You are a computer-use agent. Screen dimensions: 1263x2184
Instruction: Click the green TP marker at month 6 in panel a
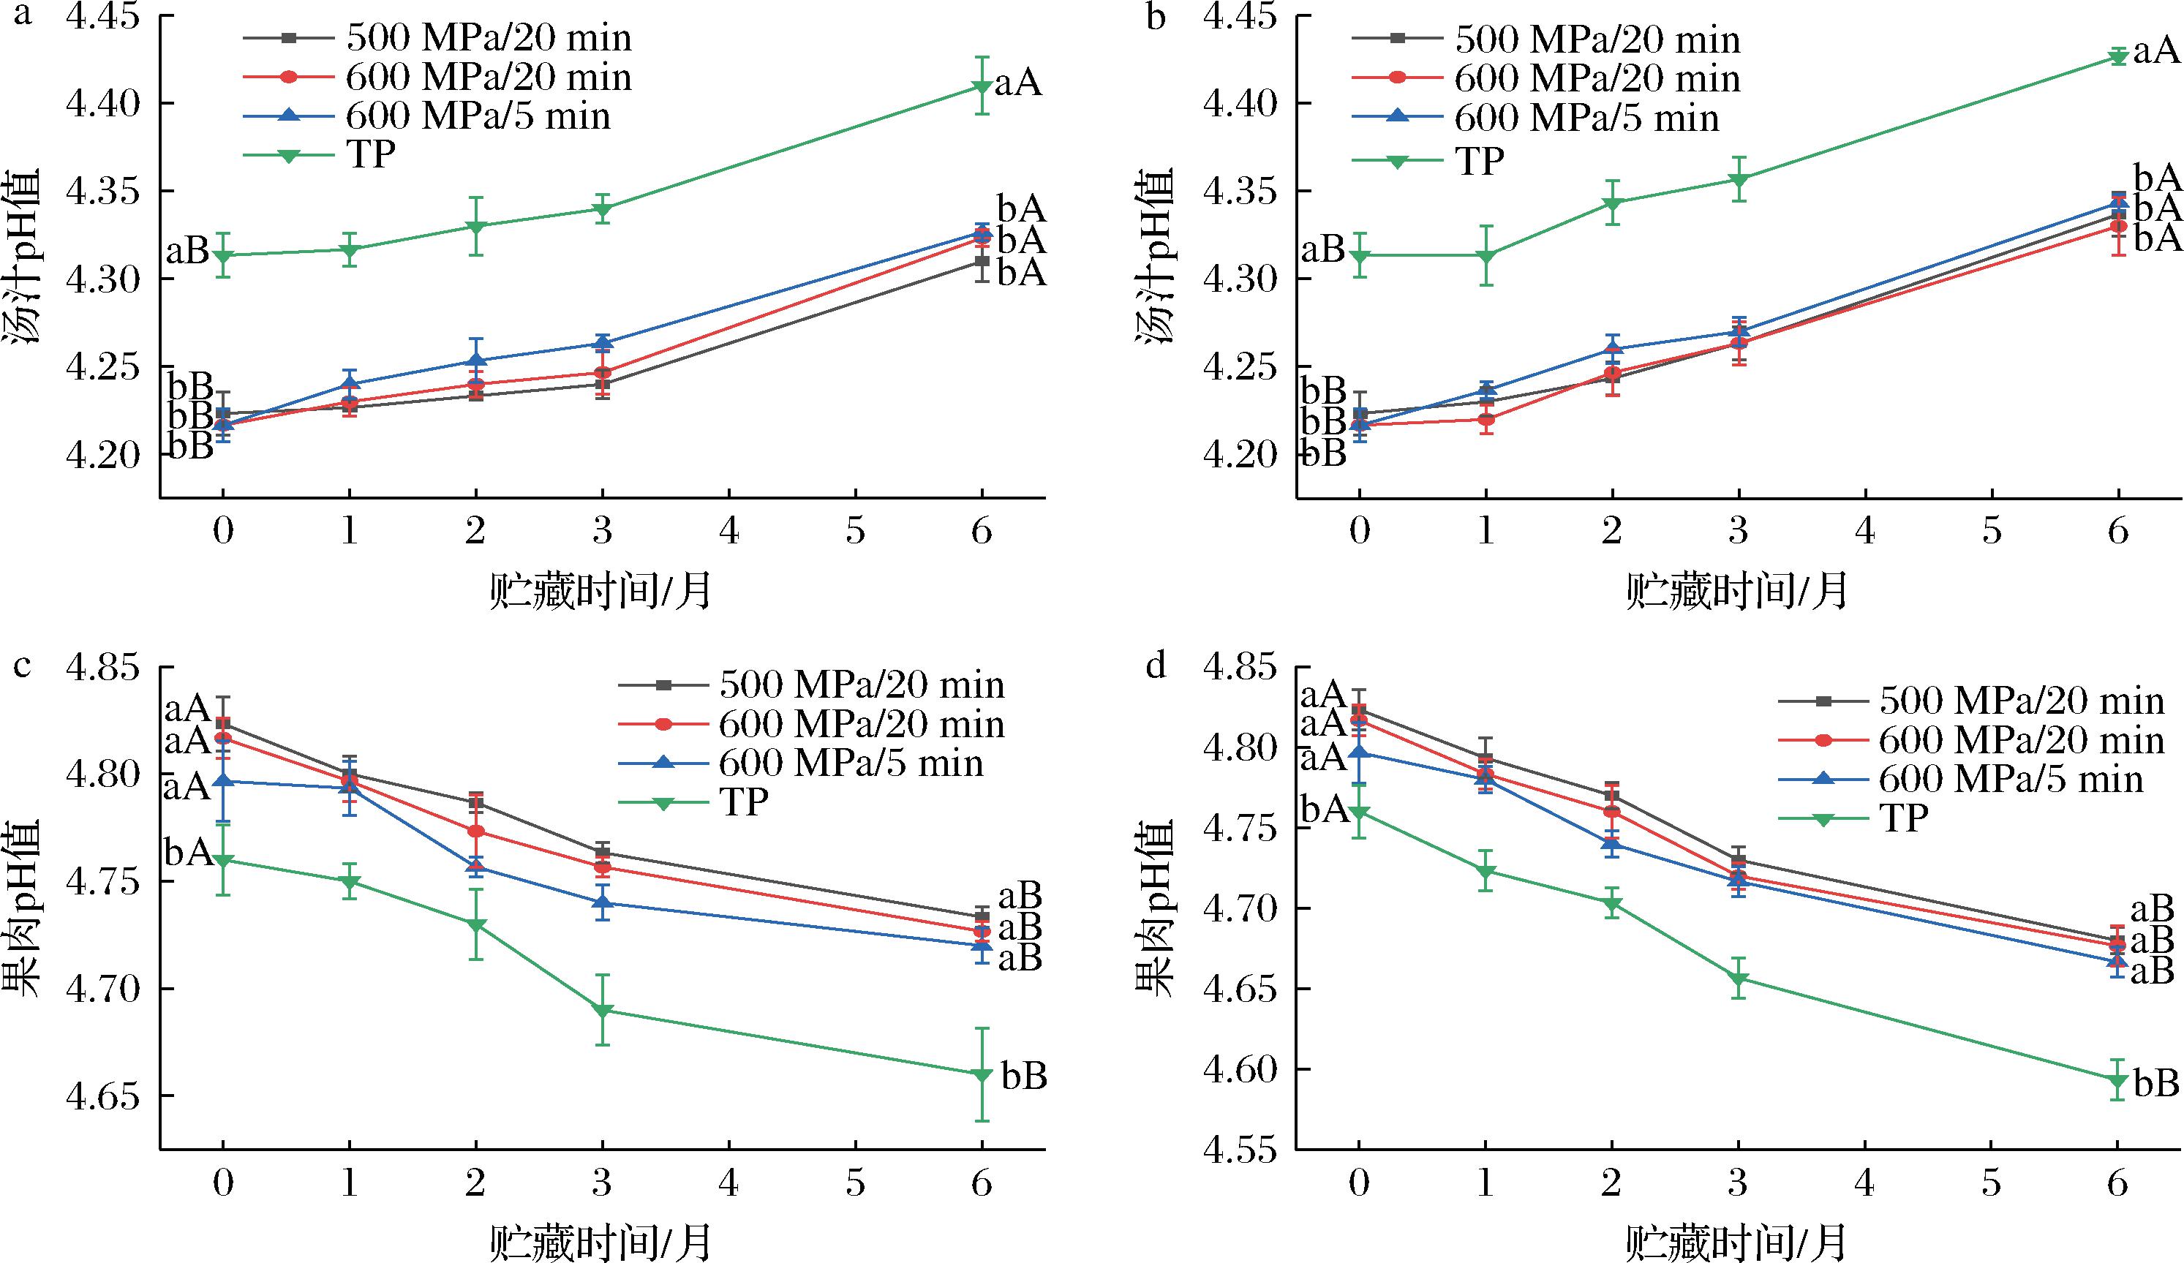(x=981, y=87)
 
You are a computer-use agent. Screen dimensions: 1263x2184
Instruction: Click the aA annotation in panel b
(x=2155, y=53)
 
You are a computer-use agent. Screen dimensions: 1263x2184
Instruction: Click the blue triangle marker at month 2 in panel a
(x=475, y=360)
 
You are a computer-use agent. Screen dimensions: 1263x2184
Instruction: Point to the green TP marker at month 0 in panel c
(x=223, y=861)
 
